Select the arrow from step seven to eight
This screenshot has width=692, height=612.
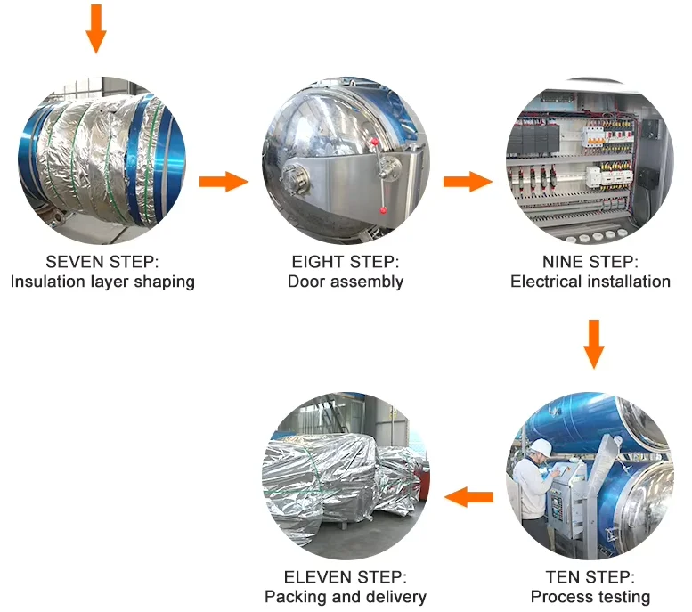(223, 182)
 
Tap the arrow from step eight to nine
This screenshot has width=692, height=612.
(468, 182)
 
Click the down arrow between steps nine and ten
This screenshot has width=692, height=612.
(594, 343)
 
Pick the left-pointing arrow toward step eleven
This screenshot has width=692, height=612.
(469, 497)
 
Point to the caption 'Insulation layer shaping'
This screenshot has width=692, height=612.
(102, 282)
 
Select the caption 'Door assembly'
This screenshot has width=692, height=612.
(346, 282)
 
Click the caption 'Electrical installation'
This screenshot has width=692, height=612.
(590, 282)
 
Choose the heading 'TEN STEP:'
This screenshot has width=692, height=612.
(590, 576)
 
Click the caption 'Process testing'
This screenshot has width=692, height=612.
(590, 597)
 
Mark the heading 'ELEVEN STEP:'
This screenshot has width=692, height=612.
(346, 576)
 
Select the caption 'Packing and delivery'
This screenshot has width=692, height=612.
(346, 597)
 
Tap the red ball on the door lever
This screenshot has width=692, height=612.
(384, 210)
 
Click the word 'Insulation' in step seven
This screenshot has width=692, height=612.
(44, 282)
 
